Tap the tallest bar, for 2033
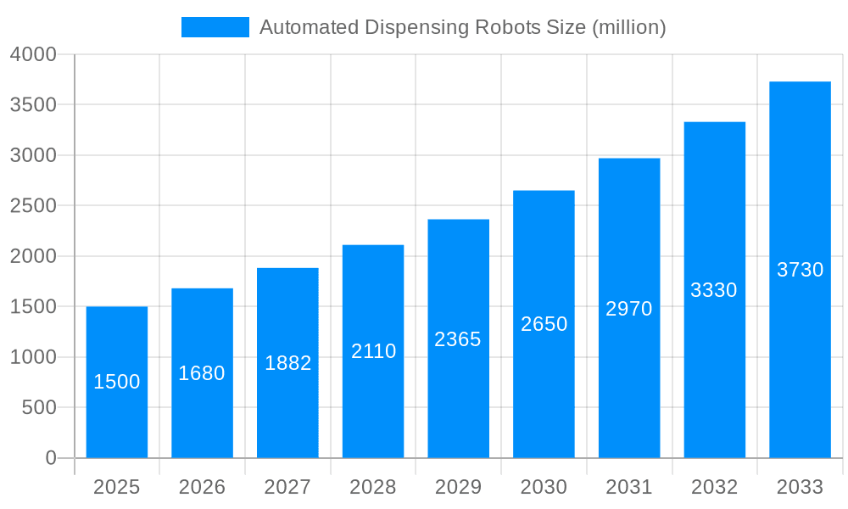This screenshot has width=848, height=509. click(x=800, y=339)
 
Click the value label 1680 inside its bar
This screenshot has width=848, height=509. click(x=202, y=373)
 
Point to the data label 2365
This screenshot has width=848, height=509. click(x=458, y=339)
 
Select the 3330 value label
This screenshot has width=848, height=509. click(x=714, y=290)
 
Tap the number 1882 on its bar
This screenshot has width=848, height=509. click(x=287, y=363)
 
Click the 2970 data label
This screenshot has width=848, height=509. click(x=629, y=309)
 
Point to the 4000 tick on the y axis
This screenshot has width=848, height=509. click(x=33, y=54)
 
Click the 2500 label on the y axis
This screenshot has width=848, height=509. click(x=33, y=206)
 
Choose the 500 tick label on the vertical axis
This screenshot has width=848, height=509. click(x=39, y=408)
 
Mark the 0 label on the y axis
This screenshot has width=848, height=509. click(x=50, y=458)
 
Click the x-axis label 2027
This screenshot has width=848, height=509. click(x=287, y=488)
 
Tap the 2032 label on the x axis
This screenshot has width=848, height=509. click(x=714, y=488)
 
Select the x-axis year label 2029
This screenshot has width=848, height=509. click(x=458, y=488)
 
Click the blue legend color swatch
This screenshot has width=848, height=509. click(x=215, y=27)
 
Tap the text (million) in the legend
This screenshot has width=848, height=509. click(x=629, y=27)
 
